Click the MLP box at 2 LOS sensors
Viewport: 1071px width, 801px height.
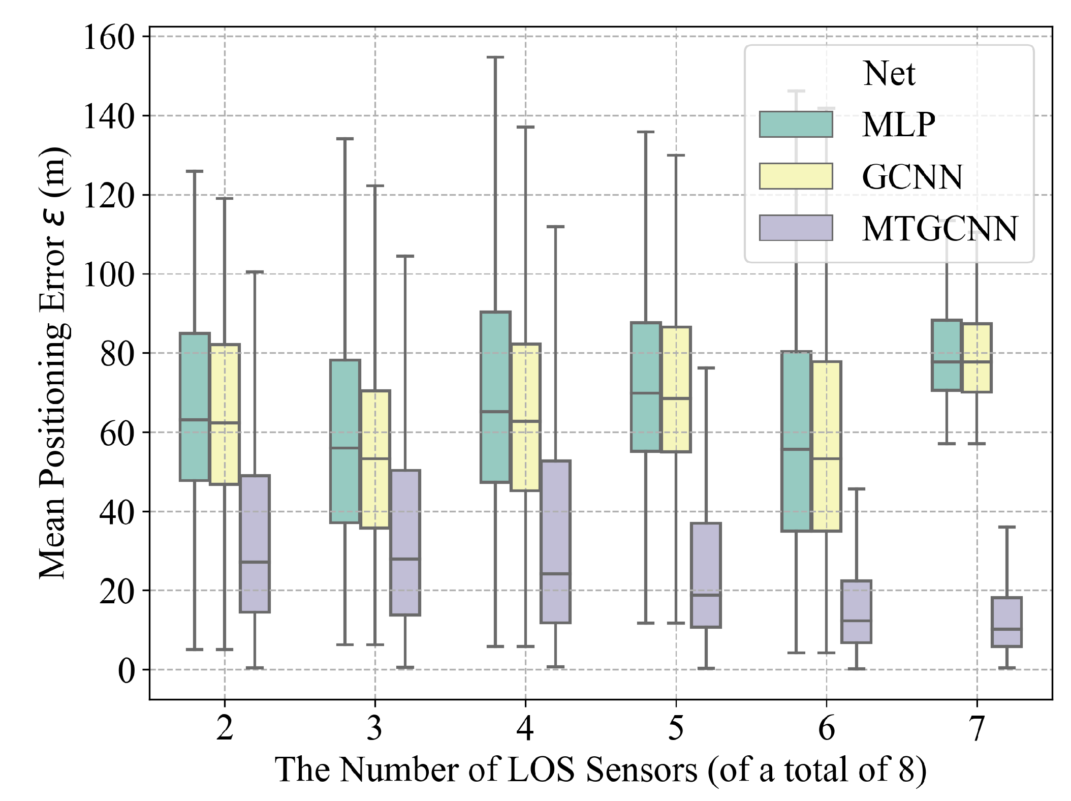click(x=195, y=407)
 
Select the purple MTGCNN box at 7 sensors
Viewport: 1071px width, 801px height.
click(x=1006, y=622)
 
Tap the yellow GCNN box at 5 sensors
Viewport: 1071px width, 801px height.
click(x=676, y=389)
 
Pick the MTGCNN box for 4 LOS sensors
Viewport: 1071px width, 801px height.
click(x=555, y=541)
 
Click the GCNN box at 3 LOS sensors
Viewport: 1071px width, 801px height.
click(x=375, y=459)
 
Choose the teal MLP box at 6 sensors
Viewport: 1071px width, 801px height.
click(x=796, y=441)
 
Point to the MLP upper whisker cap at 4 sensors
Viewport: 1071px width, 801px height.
click(x=495, y=57)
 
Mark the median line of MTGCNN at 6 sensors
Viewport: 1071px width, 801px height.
click(x=856, y=621)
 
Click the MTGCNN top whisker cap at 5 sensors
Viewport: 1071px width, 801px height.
click(x=706, y=368)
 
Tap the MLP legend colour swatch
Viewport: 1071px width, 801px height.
click(x=796, y=125)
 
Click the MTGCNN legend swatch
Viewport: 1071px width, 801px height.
click(x=796, y=228)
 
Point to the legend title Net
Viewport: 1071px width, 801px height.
click(x=889, y=74)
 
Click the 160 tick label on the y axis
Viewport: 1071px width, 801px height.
click(x=108, y=38)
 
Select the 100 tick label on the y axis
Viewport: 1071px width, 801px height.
click(x=108, y=275)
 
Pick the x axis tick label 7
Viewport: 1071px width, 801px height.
click(x=977, y=728)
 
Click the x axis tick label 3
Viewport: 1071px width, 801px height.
click(x=375, y=728)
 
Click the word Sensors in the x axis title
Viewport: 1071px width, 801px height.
click(x=642, y=769)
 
